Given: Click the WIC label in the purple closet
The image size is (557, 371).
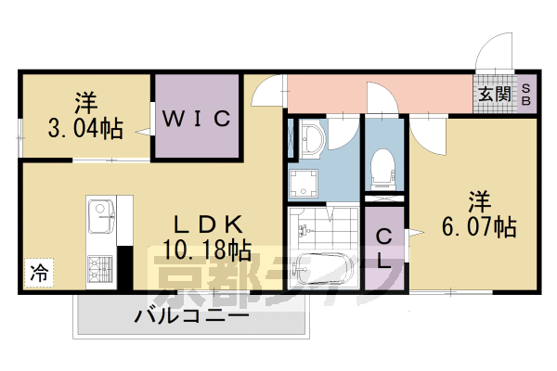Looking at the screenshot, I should (199, 119).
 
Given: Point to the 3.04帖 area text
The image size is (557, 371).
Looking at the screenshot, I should (84, 128).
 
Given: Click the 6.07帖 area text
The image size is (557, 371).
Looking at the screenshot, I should (480, 224).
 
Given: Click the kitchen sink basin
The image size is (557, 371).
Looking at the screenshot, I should (99, 219).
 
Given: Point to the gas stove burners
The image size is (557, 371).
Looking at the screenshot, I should (99, 269).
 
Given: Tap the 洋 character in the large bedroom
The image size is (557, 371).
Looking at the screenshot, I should (478, 199).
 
